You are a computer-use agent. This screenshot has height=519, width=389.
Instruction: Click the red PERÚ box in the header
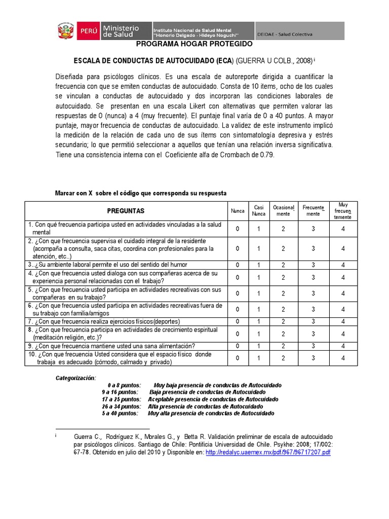87,31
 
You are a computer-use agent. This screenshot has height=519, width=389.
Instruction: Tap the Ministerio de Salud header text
121,31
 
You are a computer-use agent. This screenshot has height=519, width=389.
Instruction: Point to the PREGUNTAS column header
126,211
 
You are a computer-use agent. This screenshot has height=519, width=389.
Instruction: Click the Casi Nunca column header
258,211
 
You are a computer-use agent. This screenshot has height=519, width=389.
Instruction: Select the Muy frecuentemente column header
343,211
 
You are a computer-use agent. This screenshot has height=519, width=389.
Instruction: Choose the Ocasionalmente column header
283,211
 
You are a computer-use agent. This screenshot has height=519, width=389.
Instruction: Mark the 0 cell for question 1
237,229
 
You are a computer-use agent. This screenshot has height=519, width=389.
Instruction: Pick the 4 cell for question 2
343,249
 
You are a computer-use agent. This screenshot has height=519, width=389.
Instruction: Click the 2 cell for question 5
283,293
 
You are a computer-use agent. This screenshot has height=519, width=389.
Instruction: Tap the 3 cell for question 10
313,358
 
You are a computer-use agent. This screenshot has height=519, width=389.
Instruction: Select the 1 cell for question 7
258,321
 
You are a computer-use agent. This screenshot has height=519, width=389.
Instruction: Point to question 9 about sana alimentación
111,346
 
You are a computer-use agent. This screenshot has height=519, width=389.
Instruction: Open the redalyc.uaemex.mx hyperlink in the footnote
268,452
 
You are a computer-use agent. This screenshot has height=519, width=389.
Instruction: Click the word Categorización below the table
75,378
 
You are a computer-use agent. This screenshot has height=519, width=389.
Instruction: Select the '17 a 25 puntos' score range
121,399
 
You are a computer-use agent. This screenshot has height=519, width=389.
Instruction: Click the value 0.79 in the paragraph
266,156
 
